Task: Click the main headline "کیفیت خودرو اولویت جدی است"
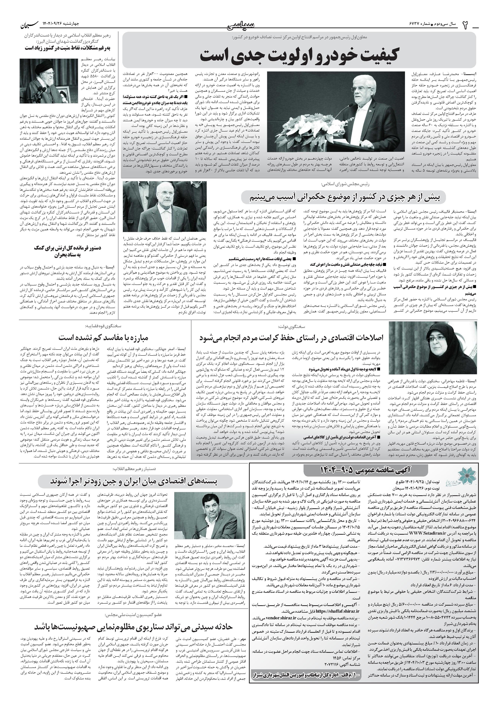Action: pos(299,55)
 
